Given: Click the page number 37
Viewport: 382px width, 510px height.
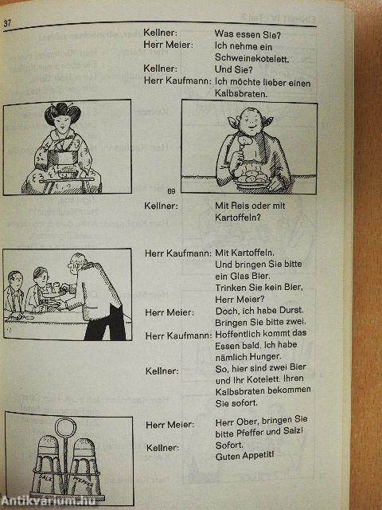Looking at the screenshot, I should point(7,22).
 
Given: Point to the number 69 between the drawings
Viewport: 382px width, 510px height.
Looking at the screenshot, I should point(172,191).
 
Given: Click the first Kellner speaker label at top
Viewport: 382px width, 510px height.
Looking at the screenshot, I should point(159,34).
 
